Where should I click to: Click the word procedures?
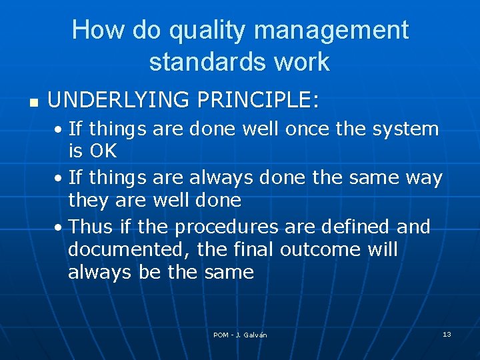tap(226, 227)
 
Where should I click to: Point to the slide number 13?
tap(447, 334)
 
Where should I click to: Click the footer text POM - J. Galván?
tap(240, 335)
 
